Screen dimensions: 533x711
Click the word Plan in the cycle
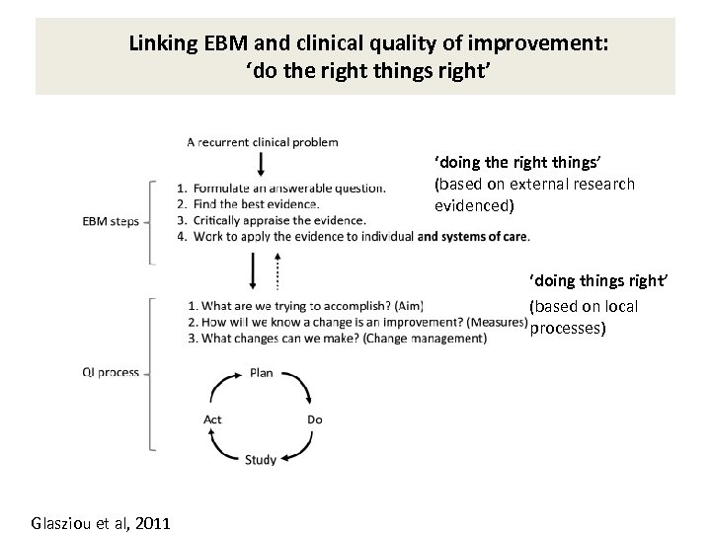pyautogui.click(x=262, y=372)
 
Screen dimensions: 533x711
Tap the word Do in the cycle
pyautogui.click(x=314, y=419)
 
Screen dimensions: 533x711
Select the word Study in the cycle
pyautogui.click(x=261, y=460)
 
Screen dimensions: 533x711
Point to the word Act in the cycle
pyautogui.click(x=212, y=419)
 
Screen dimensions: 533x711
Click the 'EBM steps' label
pyautogui.click(x=110, y=221)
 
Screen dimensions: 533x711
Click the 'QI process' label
pyautogui.click(x=112, y=372)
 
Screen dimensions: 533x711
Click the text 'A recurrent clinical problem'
pyautogui.click(x=263, y=141)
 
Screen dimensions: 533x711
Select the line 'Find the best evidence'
pyautogui.click(x=248, y=203)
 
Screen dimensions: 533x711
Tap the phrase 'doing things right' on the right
pyautogui.click(x=598, y=283)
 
